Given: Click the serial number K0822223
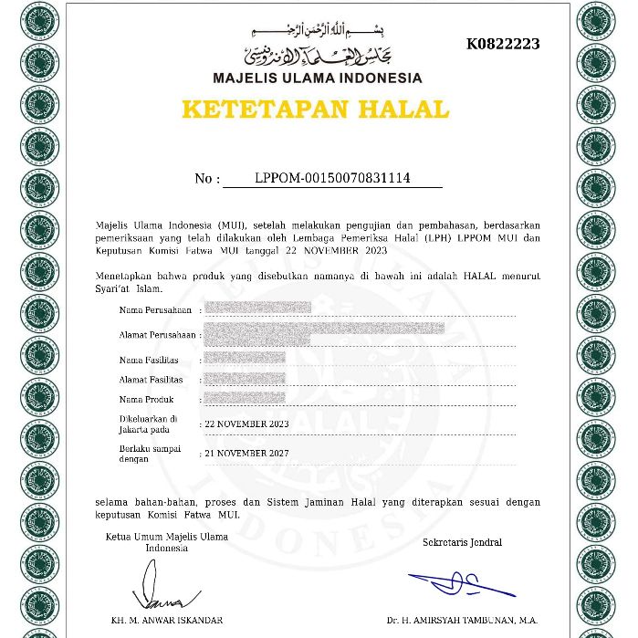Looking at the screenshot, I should pos(503,44).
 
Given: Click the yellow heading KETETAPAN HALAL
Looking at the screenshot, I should pos(316,110).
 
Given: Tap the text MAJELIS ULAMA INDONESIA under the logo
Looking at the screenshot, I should pos(318,78).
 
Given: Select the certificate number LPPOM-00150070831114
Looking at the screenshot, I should pos(332,178).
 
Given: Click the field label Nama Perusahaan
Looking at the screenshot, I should pos(149,310).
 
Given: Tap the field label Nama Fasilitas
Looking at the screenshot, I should pos(148,360).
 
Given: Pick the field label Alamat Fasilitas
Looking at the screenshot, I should pos(151,380).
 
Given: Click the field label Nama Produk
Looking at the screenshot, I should pos(145,400).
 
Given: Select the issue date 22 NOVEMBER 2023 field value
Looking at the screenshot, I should pos(246,424).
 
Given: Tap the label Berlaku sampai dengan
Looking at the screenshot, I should pos(150,454).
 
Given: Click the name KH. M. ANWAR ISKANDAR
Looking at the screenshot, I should pos(168,621).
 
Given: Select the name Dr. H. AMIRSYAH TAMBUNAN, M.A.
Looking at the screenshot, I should pos(462,621).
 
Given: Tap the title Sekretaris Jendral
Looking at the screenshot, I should pos(462,542).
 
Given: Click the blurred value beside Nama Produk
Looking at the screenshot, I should pos(245,399).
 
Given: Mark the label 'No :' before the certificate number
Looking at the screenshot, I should pos(207,179).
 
